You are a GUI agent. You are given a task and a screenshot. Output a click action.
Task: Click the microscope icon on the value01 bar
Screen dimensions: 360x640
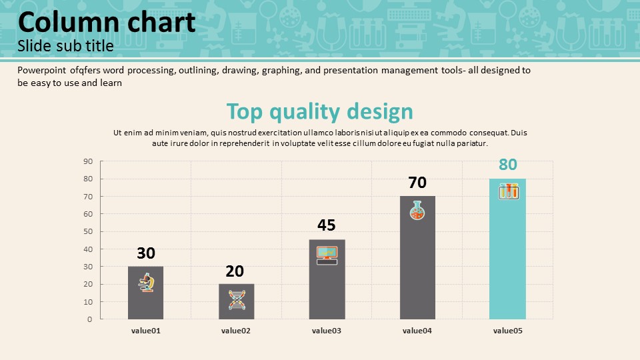coord(146,282)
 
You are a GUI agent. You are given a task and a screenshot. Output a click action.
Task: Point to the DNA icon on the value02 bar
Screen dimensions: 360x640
coord(237,299)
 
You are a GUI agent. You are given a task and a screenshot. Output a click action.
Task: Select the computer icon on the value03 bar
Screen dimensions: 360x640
coord(327,255)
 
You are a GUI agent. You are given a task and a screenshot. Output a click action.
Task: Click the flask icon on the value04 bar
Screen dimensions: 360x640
coord(417,211)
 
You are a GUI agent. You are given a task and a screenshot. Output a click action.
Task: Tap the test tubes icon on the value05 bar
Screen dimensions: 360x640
coord(509,191)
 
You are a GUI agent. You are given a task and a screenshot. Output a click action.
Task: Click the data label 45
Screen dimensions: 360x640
coord(326,225)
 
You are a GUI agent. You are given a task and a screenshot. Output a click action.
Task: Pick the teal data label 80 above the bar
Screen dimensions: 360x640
coord(508,165)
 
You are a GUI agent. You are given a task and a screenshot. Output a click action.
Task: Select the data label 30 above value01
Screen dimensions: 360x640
coord(146,253)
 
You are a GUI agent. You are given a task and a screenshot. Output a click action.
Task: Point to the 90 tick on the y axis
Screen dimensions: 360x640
coord(88,161)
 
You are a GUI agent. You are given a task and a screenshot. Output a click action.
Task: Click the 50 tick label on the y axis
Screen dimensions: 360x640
coord(88,231)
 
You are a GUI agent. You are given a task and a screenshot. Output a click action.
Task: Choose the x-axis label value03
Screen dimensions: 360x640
coord(327,331)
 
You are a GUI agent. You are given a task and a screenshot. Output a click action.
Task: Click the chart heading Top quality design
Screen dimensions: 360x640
coord(319,111)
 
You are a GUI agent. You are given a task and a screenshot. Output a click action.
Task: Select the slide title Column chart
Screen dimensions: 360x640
coord(107,23)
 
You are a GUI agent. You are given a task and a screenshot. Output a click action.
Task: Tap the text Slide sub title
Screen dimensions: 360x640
coord(65,47)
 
